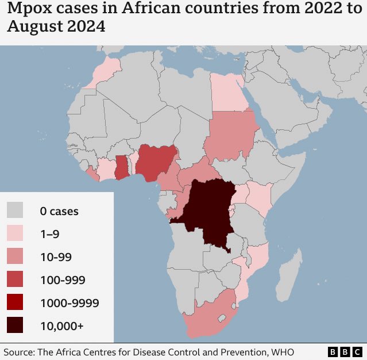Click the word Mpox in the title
pyautogui.click(x=29, y=10)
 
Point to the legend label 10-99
pyautogui.click(x=56, y=257)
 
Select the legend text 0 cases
pyautogui.click(x=59, y=211)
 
